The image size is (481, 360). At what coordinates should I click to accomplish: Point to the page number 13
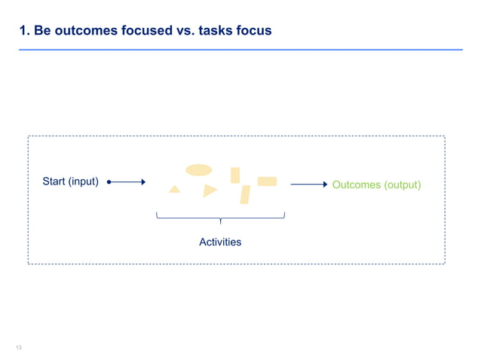[19, 347]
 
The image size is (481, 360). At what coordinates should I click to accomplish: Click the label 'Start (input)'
[70, 182]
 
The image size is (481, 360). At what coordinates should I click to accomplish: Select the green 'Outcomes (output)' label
[376, 185]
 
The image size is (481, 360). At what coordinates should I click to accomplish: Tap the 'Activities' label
[220, 242]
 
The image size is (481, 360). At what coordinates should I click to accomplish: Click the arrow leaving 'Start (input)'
[128, 182]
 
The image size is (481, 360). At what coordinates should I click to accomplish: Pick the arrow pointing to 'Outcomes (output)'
[309, 184]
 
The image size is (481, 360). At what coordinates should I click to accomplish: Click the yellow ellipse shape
[199, 169]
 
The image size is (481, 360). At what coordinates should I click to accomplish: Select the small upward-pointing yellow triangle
[175, 189]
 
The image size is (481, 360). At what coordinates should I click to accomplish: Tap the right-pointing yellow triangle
[210, 191]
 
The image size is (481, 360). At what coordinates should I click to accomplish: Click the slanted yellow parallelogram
[245, 194]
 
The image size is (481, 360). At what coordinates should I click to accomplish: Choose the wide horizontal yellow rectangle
[267, 181]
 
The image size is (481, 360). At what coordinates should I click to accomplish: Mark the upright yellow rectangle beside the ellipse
[235, 175]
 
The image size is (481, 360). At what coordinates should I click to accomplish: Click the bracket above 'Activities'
[220, 218]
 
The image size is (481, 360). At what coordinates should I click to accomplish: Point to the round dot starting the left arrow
[109, 182]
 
